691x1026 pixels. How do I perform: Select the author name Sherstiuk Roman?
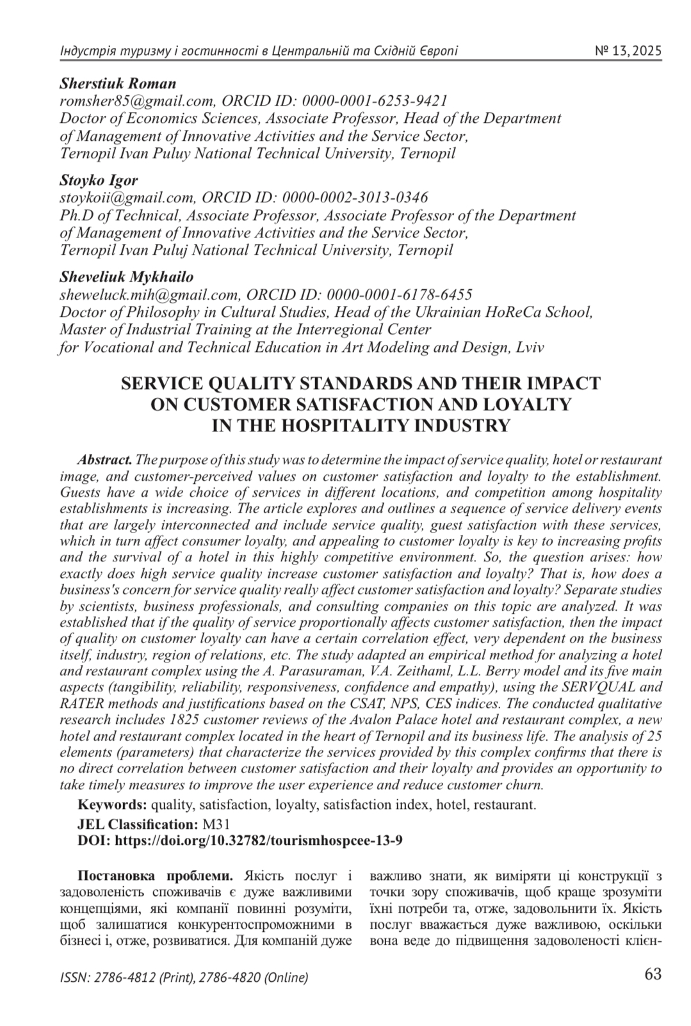[117, 84]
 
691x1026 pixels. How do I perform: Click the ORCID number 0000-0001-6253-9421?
[375, 101]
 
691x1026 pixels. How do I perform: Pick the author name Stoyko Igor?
[99, 180]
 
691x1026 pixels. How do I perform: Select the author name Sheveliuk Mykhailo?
[126, 277]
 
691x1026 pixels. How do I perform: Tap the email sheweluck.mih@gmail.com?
[149, 295]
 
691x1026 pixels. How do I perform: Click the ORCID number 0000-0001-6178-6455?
[400, 295]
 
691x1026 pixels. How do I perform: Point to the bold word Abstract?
[105, 460]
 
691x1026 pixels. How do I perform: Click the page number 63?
[653, 975]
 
